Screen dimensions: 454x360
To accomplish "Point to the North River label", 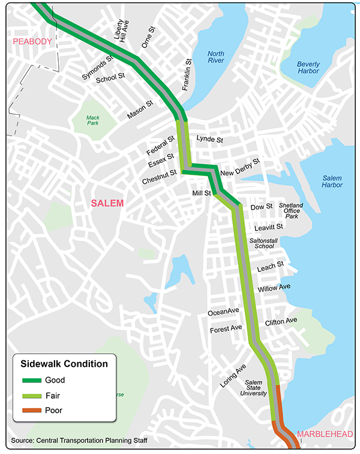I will coord(216,58).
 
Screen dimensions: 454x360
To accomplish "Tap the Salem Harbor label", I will coord(332,181).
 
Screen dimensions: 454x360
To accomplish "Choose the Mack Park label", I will coord(92,121).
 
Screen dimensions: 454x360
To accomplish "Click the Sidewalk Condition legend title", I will coord(64,363).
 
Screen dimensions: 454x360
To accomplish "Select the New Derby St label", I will coord(240,168).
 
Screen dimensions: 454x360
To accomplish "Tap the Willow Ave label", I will coord(274,288).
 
